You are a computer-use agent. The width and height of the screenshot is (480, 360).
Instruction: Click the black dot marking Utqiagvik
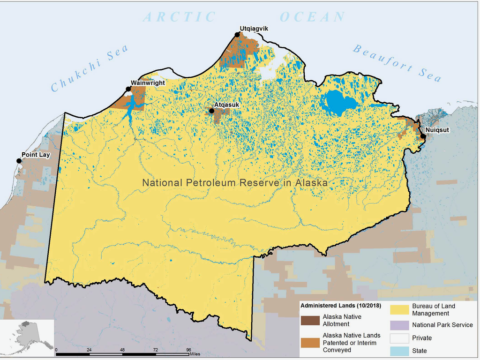[237, 34]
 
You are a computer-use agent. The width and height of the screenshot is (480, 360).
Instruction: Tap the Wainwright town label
[148, 83]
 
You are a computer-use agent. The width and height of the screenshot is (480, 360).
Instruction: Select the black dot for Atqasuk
[211, 111]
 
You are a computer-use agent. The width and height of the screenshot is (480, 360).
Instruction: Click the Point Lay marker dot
[19, 161]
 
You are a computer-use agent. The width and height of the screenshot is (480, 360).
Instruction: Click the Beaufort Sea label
[397, 63]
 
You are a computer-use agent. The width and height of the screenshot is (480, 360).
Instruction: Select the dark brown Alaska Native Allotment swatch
[309, 320]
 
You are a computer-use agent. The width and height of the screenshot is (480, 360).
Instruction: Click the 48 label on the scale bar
[122, 350]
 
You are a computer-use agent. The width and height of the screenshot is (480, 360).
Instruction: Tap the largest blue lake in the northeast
[338, 102]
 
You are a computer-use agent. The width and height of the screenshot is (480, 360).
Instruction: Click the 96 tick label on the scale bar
[188, 350]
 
